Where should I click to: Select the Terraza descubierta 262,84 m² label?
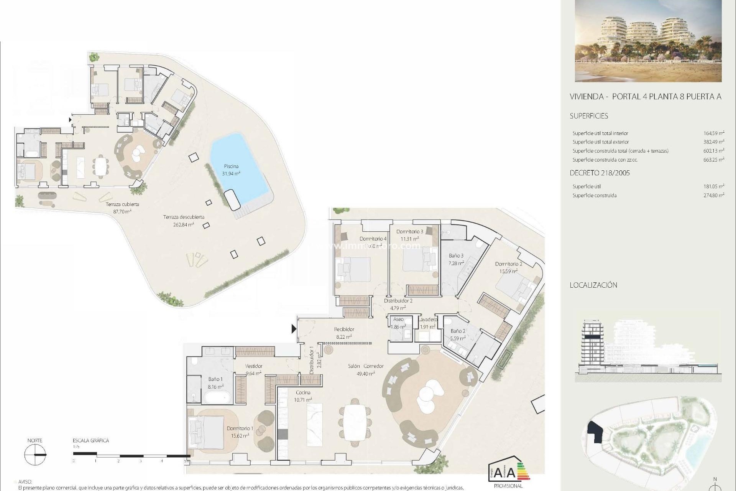click(184, 221)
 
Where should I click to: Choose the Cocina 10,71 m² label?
click(303, 396)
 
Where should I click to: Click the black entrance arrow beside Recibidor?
click(294, 329)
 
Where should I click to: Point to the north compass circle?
click(35, 455)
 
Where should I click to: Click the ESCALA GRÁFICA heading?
click(91, 440)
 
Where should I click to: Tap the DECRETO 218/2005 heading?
click(600, 173)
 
